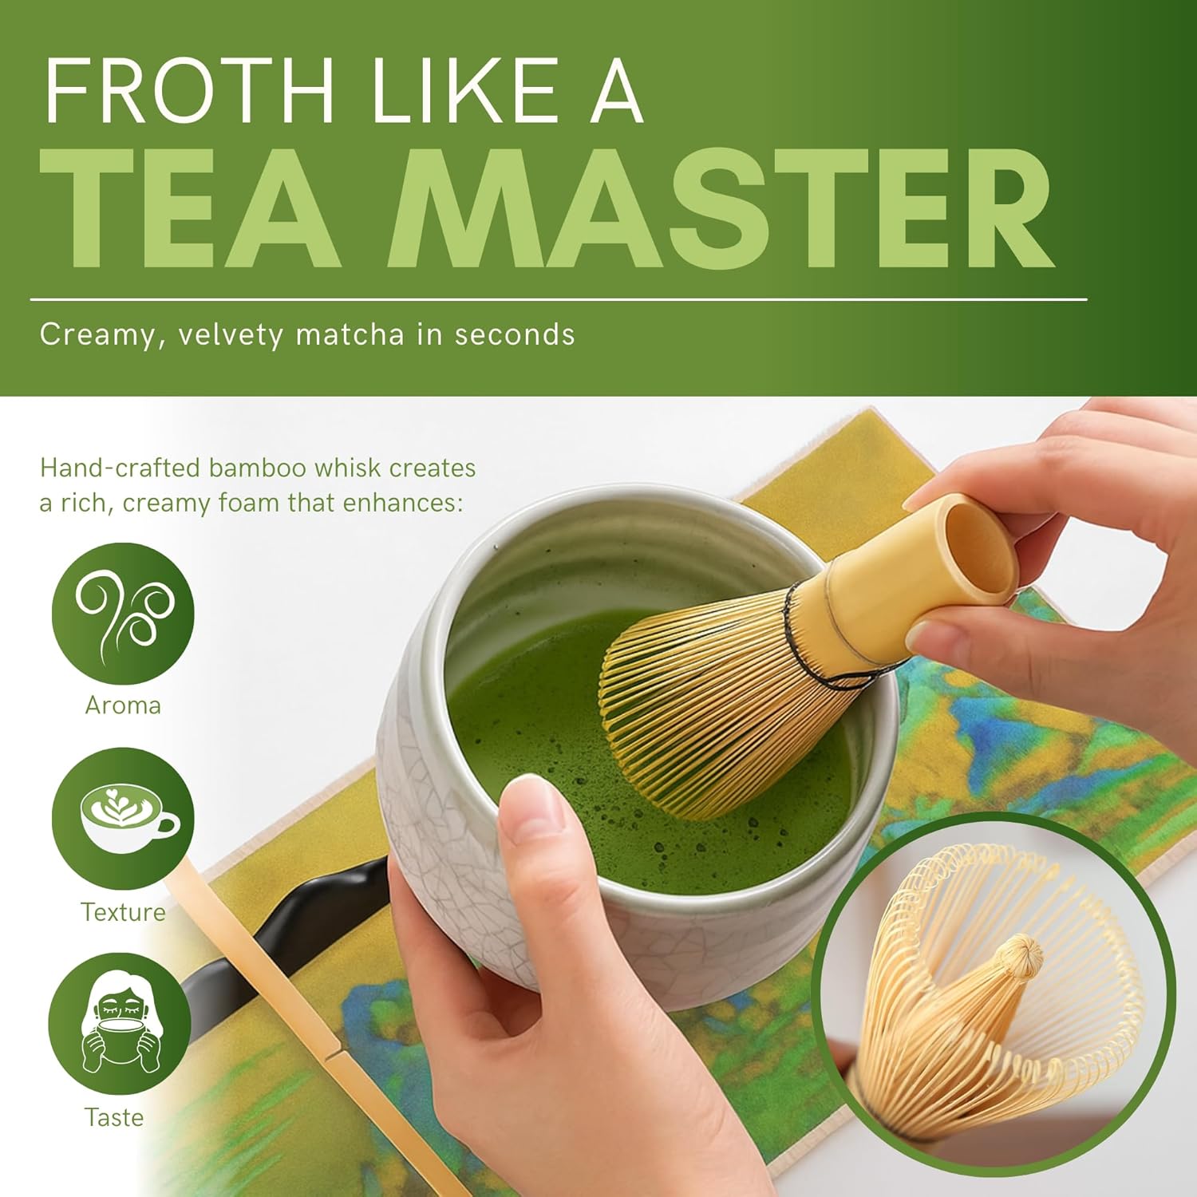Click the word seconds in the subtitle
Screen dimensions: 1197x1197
click(x=515, y=334)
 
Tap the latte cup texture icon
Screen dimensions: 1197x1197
click(x=123, y=819)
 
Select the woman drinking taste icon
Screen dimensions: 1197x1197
click(x=120, y=1025)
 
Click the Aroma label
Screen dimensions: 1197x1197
click(x=123, y=705)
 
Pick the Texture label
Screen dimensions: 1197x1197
click(x=123, y=912)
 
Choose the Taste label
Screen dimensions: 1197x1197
click(x=114, y=1117)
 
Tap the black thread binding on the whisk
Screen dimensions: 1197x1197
click(x=822, y=638)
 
